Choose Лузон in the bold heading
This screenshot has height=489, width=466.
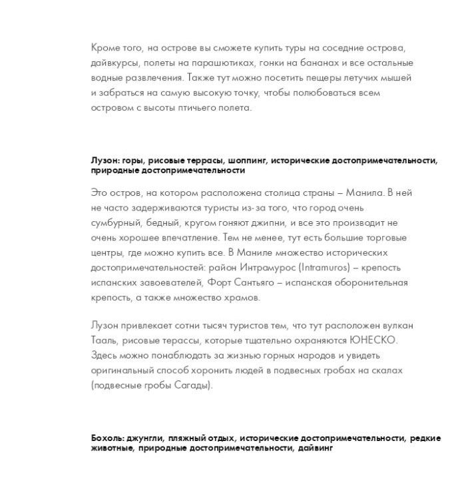pos(105,161)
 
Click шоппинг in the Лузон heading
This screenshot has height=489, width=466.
pos(248,161)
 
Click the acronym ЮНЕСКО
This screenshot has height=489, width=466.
pos(373,340)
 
